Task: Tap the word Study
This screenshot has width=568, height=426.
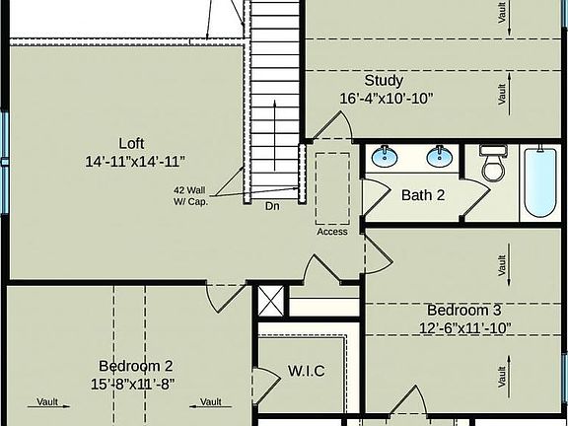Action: [x=384, y=80]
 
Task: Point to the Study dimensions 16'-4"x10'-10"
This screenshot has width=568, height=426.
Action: [x=386, y=98]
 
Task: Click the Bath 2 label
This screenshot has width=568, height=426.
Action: [x=423, y=194]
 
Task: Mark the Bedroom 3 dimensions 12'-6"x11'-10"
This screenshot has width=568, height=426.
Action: [x=464, y=327]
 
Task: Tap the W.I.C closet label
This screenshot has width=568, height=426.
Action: [x=307, y=371]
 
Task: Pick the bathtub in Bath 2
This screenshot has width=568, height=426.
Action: [x=538, y=182]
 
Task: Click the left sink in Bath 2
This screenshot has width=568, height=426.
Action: [x=385, y=157]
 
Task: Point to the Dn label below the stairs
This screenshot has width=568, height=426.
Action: [x=272, y=207]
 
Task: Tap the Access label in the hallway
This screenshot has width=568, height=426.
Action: [x=332, y=232]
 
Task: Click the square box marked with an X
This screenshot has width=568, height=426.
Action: [x=269, y=301]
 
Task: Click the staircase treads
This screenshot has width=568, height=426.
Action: [x=272, y=99]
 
